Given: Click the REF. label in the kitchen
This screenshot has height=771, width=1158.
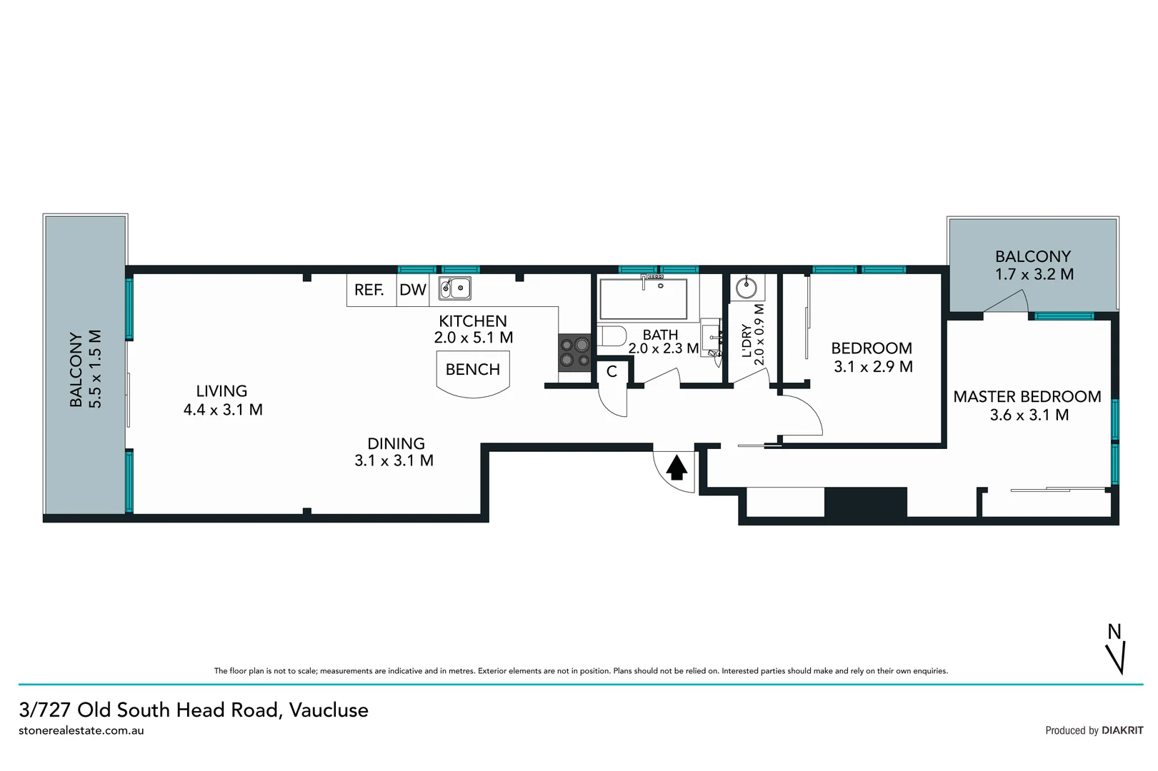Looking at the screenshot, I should coord(369,290).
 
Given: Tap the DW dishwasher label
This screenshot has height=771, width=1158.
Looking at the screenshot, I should coord(413,290).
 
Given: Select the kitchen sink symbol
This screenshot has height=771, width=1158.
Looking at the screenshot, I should coord(454,288).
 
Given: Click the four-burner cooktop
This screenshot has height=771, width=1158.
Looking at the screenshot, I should coord(574,353).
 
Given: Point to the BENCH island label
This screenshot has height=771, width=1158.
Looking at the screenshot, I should coord(473,370).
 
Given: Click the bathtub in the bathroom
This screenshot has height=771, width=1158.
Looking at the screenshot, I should coord(643,298).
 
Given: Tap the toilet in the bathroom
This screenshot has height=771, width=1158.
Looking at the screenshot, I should coord(613,336).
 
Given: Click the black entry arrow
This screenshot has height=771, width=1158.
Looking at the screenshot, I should coord(677,468).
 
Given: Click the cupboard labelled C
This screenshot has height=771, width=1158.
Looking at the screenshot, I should coord(612,372).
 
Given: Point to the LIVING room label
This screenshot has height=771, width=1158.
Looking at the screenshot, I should coord(221,391).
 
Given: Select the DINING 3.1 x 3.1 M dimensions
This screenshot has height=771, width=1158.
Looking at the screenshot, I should coord(394,461).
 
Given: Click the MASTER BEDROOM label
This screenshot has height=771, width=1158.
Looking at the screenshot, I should coord(1027,397).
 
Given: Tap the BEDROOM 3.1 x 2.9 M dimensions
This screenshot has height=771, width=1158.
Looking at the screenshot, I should coord(873,367).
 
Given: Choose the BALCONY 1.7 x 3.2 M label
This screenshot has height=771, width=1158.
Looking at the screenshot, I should coord(1033,265).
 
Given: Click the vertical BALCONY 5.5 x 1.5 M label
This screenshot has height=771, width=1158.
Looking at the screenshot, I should coord(85,369).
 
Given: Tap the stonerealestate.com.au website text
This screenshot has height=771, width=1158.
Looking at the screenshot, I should coord(81,730).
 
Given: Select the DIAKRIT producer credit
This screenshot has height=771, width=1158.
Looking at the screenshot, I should coord(1122,730).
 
